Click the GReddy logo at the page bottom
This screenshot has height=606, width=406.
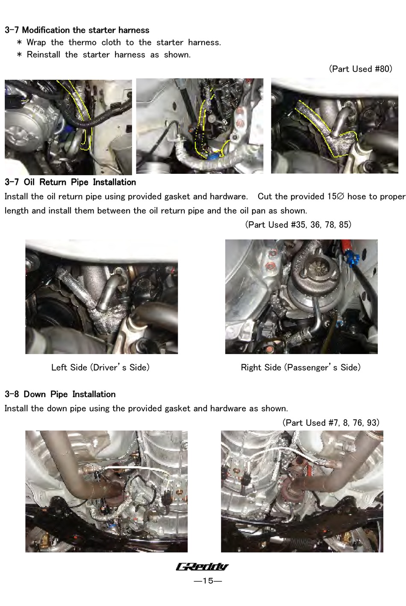click(202, 567)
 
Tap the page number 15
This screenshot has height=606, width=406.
click(208, 580)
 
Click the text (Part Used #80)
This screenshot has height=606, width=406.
click(361, 69)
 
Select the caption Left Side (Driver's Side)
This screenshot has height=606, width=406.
click(100, 367)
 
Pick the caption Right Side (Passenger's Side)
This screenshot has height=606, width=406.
click(301, 367)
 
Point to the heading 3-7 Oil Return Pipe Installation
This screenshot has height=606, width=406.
click(70, 182)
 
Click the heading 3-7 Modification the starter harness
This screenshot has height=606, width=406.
click(77, 30)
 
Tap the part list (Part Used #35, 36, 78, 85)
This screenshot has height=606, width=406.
click(298, 224)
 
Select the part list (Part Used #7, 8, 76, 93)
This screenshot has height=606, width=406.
click(331, 422)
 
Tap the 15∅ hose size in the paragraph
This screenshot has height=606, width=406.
click(335, 196)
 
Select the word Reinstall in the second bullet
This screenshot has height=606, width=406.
click(43, 54)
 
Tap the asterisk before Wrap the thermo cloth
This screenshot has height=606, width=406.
click(19, 42)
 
